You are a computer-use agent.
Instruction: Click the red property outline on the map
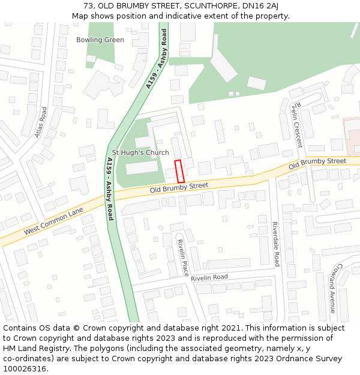pos(179,171)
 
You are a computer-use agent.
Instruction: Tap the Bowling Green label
pos(100,40)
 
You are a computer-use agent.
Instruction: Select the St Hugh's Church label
pos(140,152)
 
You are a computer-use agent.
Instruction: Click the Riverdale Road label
pos(276,244)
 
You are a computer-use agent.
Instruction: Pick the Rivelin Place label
pos(182,257)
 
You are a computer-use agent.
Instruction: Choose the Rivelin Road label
pos(209,278)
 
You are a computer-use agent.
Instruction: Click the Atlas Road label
pos(41,122)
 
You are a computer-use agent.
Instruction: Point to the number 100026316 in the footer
pos(25,369)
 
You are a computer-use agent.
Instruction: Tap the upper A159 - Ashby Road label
pos(157,59)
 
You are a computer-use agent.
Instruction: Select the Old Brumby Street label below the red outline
pos(179,188)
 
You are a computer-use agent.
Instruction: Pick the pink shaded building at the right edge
pos(352,129)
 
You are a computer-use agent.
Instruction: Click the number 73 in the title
pos(88,6)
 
